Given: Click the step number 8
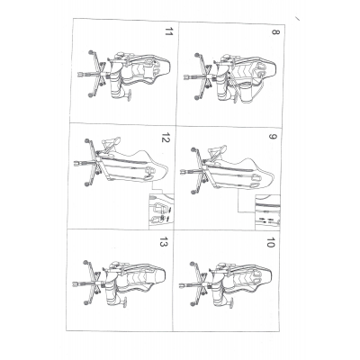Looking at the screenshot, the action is click(275, 31).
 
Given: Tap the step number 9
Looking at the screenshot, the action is click(273, 137).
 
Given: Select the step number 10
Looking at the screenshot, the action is click(271, 243).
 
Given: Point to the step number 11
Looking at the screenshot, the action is click(169, 31).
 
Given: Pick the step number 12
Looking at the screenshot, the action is click(166, 138).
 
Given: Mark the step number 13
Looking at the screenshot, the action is click(164, 242).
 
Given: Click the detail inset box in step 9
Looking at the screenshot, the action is click(267, 212).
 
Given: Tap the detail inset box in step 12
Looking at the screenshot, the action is click(161, 211).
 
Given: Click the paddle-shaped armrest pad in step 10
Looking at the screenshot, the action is click(233, 302).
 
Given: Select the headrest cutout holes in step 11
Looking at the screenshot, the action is click(157, 71).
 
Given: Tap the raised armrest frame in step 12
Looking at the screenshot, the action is click(110, 144).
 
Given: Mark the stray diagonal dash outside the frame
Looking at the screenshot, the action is click(297, 19).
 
